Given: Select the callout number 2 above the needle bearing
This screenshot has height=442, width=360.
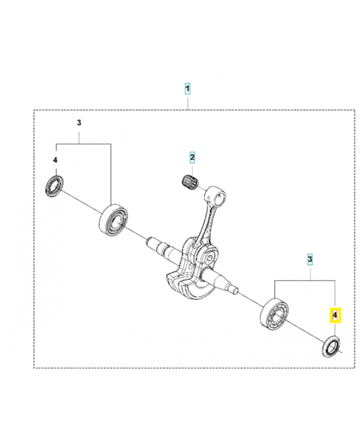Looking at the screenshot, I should (x=192, y=158).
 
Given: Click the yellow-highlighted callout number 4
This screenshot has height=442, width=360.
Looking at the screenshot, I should (x=335, y=315).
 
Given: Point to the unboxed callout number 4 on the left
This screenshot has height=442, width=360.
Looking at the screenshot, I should (x=55, y=160).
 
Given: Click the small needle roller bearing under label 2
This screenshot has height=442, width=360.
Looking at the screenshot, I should (x=190, y=181).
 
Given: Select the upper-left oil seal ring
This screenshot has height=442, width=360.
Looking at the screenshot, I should (x=54, y=184).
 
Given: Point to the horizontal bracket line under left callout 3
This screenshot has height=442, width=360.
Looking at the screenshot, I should (x=83, y=144).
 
